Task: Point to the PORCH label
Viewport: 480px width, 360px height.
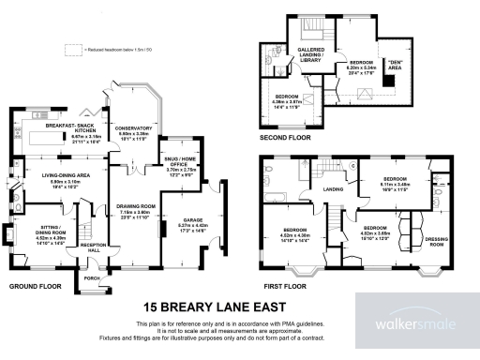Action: point(92,277)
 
